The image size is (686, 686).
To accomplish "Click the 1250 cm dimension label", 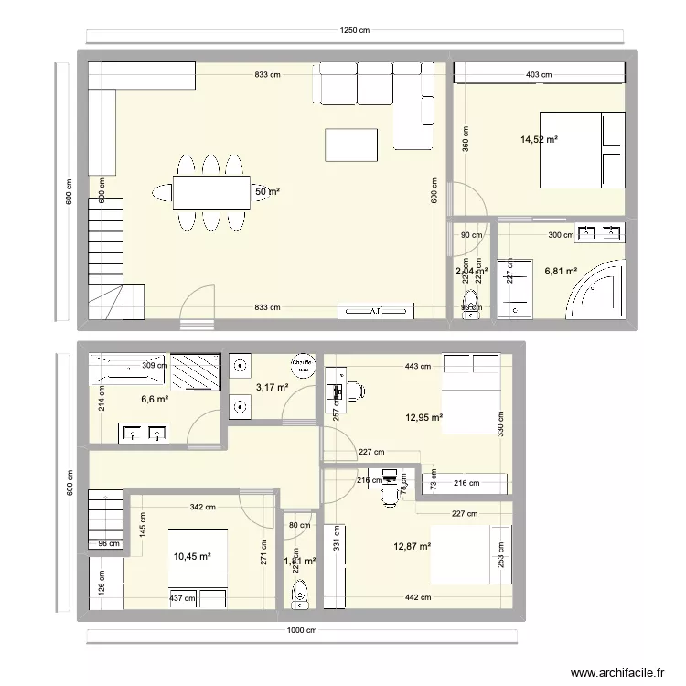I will (x=355, y=30).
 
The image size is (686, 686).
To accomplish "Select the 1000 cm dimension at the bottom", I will (x=304, y=631).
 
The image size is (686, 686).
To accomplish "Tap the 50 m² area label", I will (x=267, y=191).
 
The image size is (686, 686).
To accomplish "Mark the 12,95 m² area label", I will (x=423, y=417).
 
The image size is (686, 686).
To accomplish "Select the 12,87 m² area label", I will (x=412, y=546).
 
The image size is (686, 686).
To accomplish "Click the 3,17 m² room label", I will (x=272, y=387).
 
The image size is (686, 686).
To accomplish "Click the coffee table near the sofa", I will (x=351, y=145).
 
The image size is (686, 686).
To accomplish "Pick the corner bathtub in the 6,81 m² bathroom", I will (x=598, y=291).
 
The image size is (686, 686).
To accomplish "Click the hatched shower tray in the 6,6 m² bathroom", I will (x=195, y=373).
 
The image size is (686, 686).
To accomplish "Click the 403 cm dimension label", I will (x=539, y=75).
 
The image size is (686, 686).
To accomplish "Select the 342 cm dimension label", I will (x=202, y=507).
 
